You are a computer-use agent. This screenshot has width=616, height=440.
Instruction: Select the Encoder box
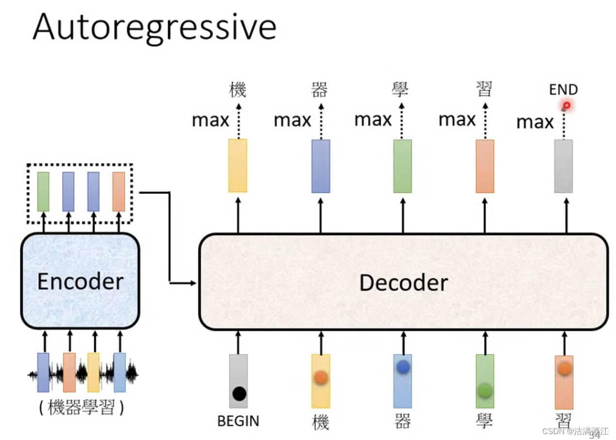(x=80, y=281)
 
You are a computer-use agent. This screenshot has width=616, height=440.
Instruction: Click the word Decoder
(x=403, y=283)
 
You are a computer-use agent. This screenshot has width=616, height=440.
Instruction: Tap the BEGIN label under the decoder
(x=238, y=421)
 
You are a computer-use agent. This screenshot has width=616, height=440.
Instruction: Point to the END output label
(x=563, y=90)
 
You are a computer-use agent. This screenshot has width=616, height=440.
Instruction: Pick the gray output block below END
(x=563, y=166)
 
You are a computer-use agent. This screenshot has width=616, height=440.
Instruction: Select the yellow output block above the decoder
(x=238, y=166)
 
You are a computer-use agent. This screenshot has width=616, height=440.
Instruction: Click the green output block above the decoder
(x=403, y=166)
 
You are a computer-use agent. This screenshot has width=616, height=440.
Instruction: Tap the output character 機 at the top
(x=238, y=90)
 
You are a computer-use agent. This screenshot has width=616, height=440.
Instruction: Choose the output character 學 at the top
(x=400, y=90)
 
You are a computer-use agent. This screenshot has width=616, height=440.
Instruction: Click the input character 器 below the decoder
(x=403, y=422)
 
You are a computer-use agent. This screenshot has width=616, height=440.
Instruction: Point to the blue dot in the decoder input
(x=403, y=368)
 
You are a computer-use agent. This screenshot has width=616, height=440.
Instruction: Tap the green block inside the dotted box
(x=43, y=191)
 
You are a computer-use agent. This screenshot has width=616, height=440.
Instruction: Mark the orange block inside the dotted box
(x=118, y=191)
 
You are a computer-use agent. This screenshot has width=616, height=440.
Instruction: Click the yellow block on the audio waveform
(x=93, y=372)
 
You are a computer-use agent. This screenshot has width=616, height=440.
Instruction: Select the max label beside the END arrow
(x=535, y=122)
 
